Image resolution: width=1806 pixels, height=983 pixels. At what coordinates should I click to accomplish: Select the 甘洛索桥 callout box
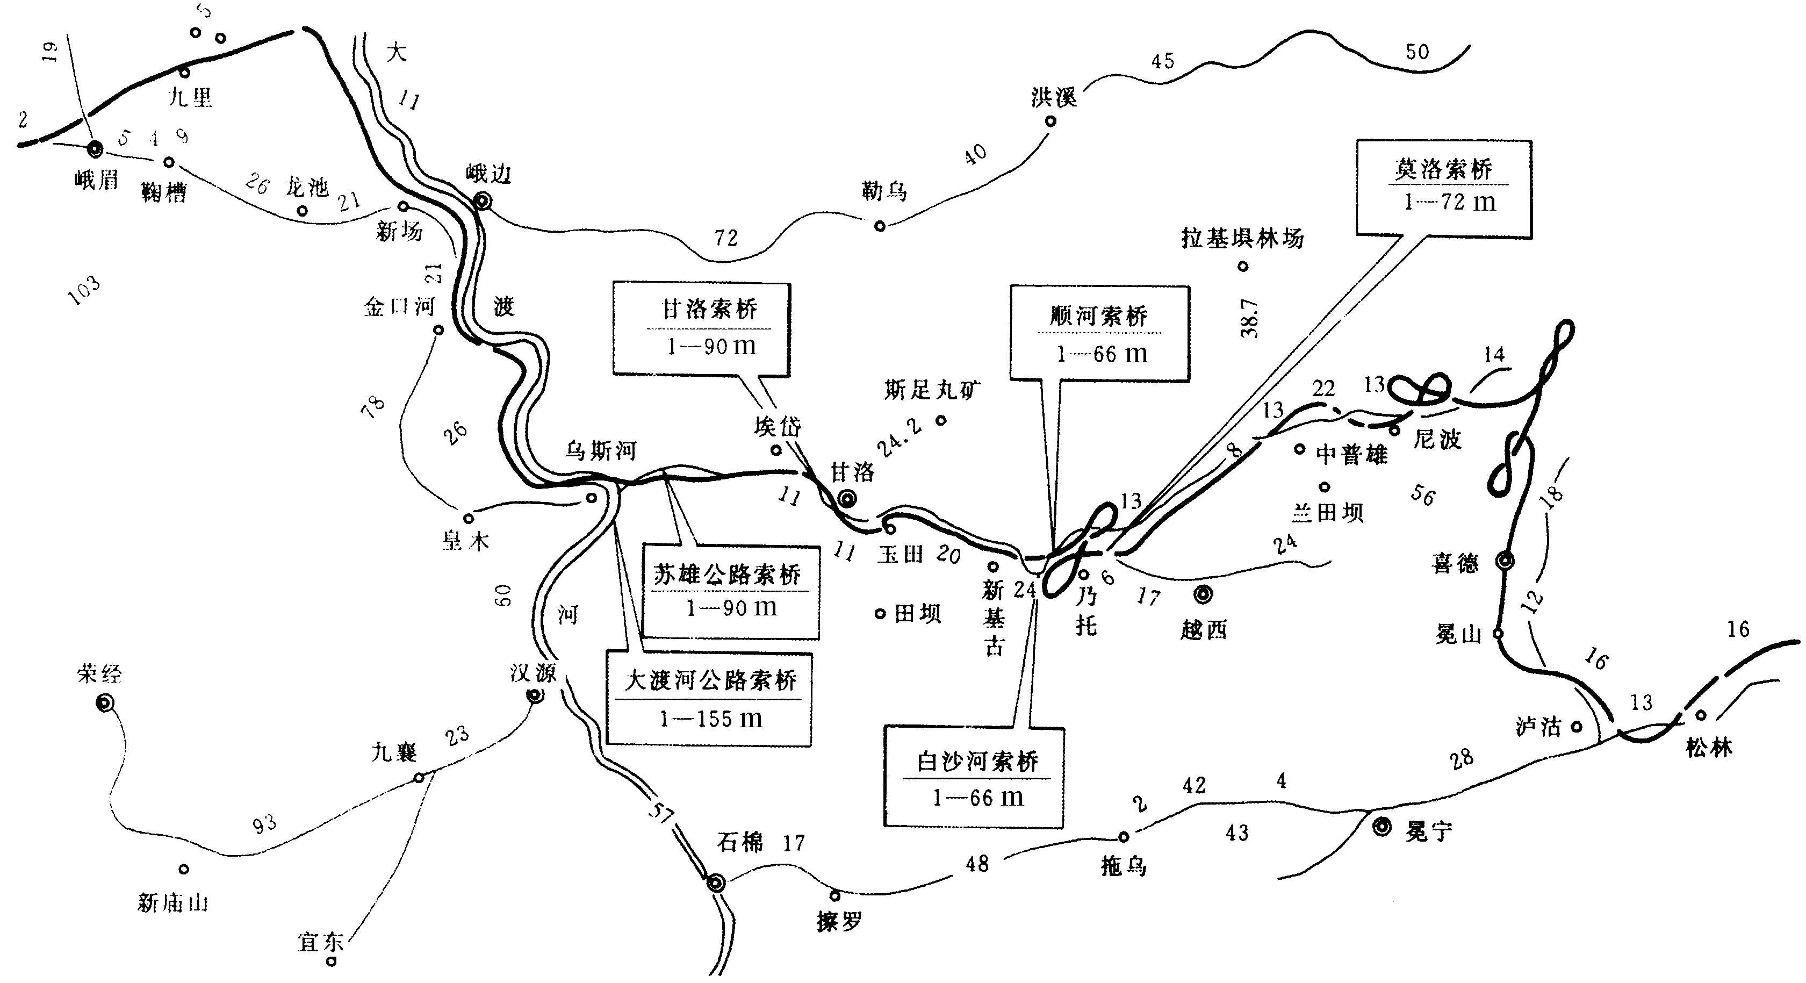click(702, 329)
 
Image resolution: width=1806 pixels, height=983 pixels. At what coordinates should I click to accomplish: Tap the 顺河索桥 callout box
click(1099, 334)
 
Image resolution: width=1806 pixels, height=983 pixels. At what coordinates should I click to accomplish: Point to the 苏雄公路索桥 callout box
click(731, 592)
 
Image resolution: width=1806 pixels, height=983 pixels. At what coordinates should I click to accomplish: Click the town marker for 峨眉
click(95, 149)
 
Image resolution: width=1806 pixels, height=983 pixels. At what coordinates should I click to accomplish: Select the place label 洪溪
click(1053, 97)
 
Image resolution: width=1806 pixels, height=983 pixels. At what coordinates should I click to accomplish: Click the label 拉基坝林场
click(1242, 239)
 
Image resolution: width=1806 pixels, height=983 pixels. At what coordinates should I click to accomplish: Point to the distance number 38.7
click(1249, 319)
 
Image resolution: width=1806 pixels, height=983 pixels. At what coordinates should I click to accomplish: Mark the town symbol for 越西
click(1203, 594)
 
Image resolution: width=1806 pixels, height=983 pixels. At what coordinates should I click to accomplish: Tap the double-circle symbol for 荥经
click(105, 702)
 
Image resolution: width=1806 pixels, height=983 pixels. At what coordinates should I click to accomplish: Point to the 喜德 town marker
click(1505, 560)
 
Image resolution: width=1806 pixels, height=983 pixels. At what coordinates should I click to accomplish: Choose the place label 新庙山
click(173, 902)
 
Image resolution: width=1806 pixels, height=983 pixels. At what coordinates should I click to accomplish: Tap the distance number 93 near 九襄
click(264, 824)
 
